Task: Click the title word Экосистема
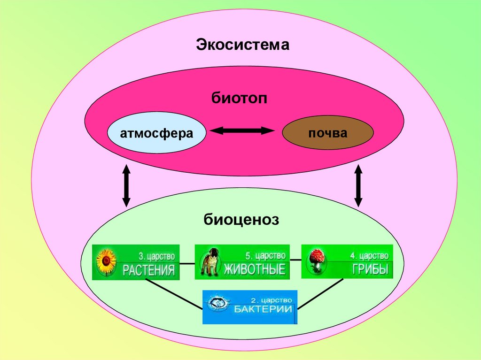(242, 46)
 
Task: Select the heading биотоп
(240, 100)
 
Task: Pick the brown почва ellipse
(327, 133)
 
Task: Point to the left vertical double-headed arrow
(126, 185)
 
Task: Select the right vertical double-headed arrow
(358, 186)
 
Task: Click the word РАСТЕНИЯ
(149, 270)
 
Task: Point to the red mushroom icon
(316, 260)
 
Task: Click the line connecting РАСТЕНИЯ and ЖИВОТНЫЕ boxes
(187, 263)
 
